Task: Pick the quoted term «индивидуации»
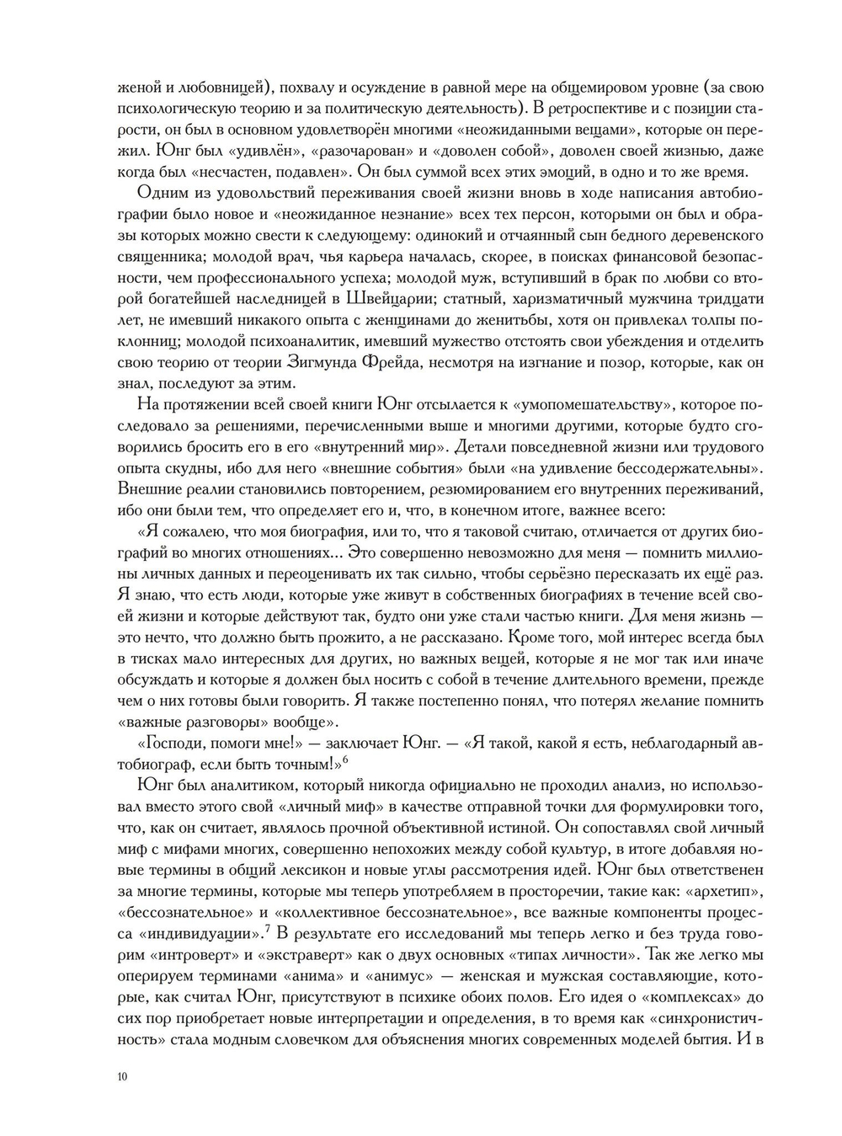(x=199, y=934)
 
